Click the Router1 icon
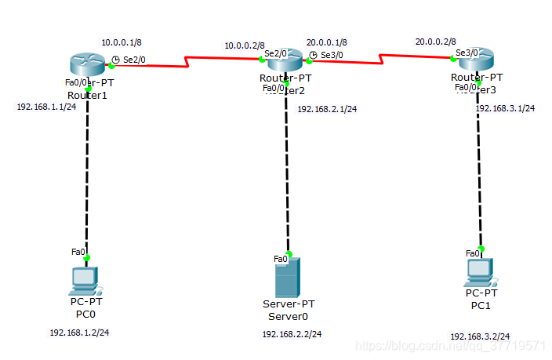coord(88,63)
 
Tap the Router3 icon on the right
coord(477,59)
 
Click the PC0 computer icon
coord(84,279)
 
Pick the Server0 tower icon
coord(288,277)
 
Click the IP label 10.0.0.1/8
coord(122,42)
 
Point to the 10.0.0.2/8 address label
coord(245,45)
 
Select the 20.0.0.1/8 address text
coord(327,42)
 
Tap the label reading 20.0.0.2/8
coord(435,42)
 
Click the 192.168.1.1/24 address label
coord(46,107)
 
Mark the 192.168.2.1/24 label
coord(327,109)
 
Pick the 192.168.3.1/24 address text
coord(505,108)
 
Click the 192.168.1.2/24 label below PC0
coord(79,333)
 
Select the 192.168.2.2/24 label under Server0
coord(292,334)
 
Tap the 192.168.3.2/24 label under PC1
coord(480,336)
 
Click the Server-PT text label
coord(289,304)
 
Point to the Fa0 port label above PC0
coord(78,252)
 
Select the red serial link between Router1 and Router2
coord(186,61)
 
